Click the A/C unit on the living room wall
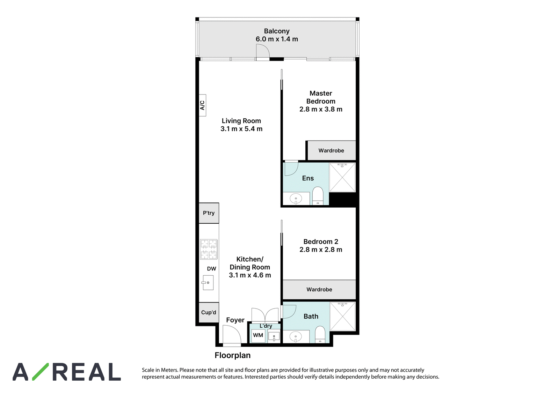[x=202, y=105]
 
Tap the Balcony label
[x=277, y=31]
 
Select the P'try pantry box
[x=209, y=213]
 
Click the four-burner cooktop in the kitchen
[x=209, y=249]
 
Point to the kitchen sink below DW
[x=208, y=283]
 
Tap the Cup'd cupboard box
[x=209, y=313]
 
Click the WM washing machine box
[x=258, y=335]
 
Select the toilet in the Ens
[x=318, y=196]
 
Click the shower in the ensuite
[x=342, y=178]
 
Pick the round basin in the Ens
[x=296, y=199]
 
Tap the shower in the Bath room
[x=343, y=316]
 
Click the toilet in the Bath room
[x=320, y=335]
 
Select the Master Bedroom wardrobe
[x=332, y=150]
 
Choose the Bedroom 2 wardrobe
[x=319, y=290]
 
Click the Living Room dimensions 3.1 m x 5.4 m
[x=241, y=129]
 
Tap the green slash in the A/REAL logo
[x=41, y=372]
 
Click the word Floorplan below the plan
[x=233, y=355]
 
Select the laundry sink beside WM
[x=274, y=336]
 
